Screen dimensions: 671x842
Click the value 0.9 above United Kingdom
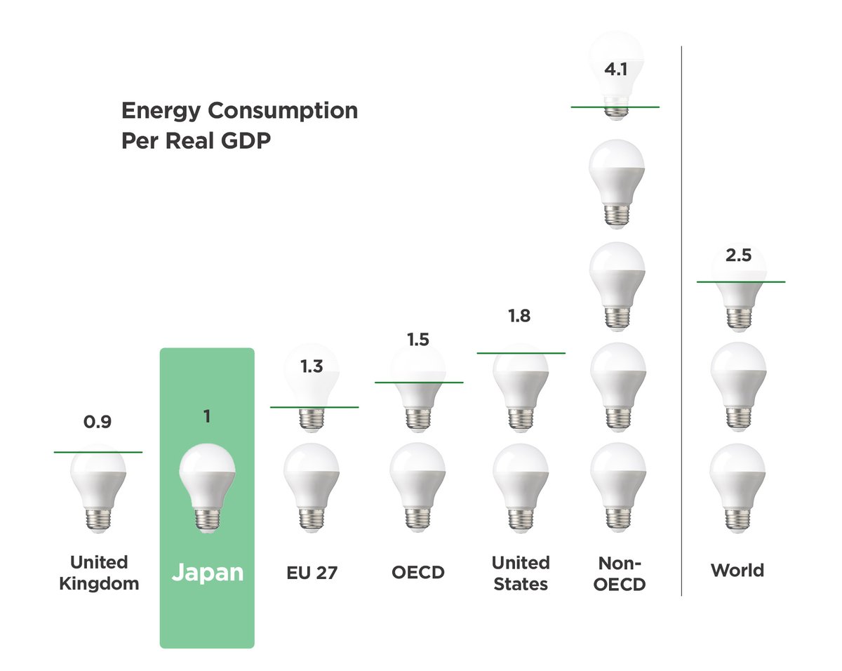click(x=98, y=423)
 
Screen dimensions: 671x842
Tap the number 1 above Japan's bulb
click(x=207, y=417)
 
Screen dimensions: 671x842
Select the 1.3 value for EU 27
click(x=312, y=366)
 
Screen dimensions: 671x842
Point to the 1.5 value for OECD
click(x=419, y=340)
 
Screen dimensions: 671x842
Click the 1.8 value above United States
click(x=520, y=316)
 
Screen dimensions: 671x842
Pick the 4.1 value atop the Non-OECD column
click(x=615, y=70)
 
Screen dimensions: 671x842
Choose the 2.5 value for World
click(x=738, y=255)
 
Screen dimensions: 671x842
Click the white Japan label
click(x=208, y=573)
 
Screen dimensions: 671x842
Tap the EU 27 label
click(x=312, y=572)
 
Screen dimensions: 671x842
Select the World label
click(x=737, y=570)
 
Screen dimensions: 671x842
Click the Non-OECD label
click(x=620, y=573)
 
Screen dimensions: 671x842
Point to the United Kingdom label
click(x=99, y=573)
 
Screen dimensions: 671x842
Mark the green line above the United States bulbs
click(x=521, y=352)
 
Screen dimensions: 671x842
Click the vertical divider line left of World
click(x=681, y=316)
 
